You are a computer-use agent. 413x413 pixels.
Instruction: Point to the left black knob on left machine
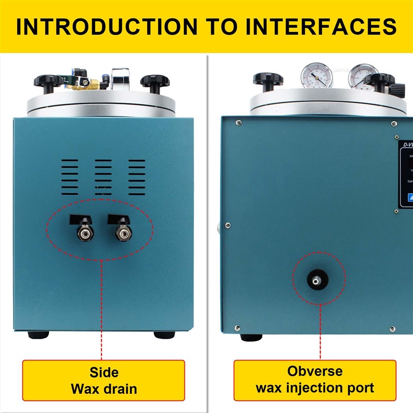click(x=49, y=81)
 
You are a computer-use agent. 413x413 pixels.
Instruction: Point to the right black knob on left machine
click(x=155, y=81)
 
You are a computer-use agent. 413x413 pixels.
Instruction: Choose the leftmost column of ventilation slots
click(x=70, y=177)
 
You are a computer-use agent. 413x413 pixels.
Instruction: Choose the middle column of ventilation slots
click(x=103, y=177)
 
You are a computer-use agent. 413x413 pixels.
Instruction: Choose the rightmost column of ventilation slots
click(x=137, y=177)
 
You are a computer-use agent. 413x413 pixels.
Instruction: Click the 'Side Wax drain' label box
click(x=103, y=380)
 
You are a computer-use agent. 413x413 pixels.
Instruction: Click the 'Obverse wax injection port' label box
click(x=315, y=380)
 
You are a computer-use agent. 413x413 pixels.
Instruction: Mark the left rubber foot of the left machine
click(x=38, y=335)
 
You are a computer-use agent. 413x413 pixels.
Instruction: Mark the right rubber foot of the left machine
click(x=164, y=335)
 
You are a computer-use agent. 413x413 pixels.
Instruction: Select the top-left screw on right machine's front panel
click(x=238, y=123)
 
